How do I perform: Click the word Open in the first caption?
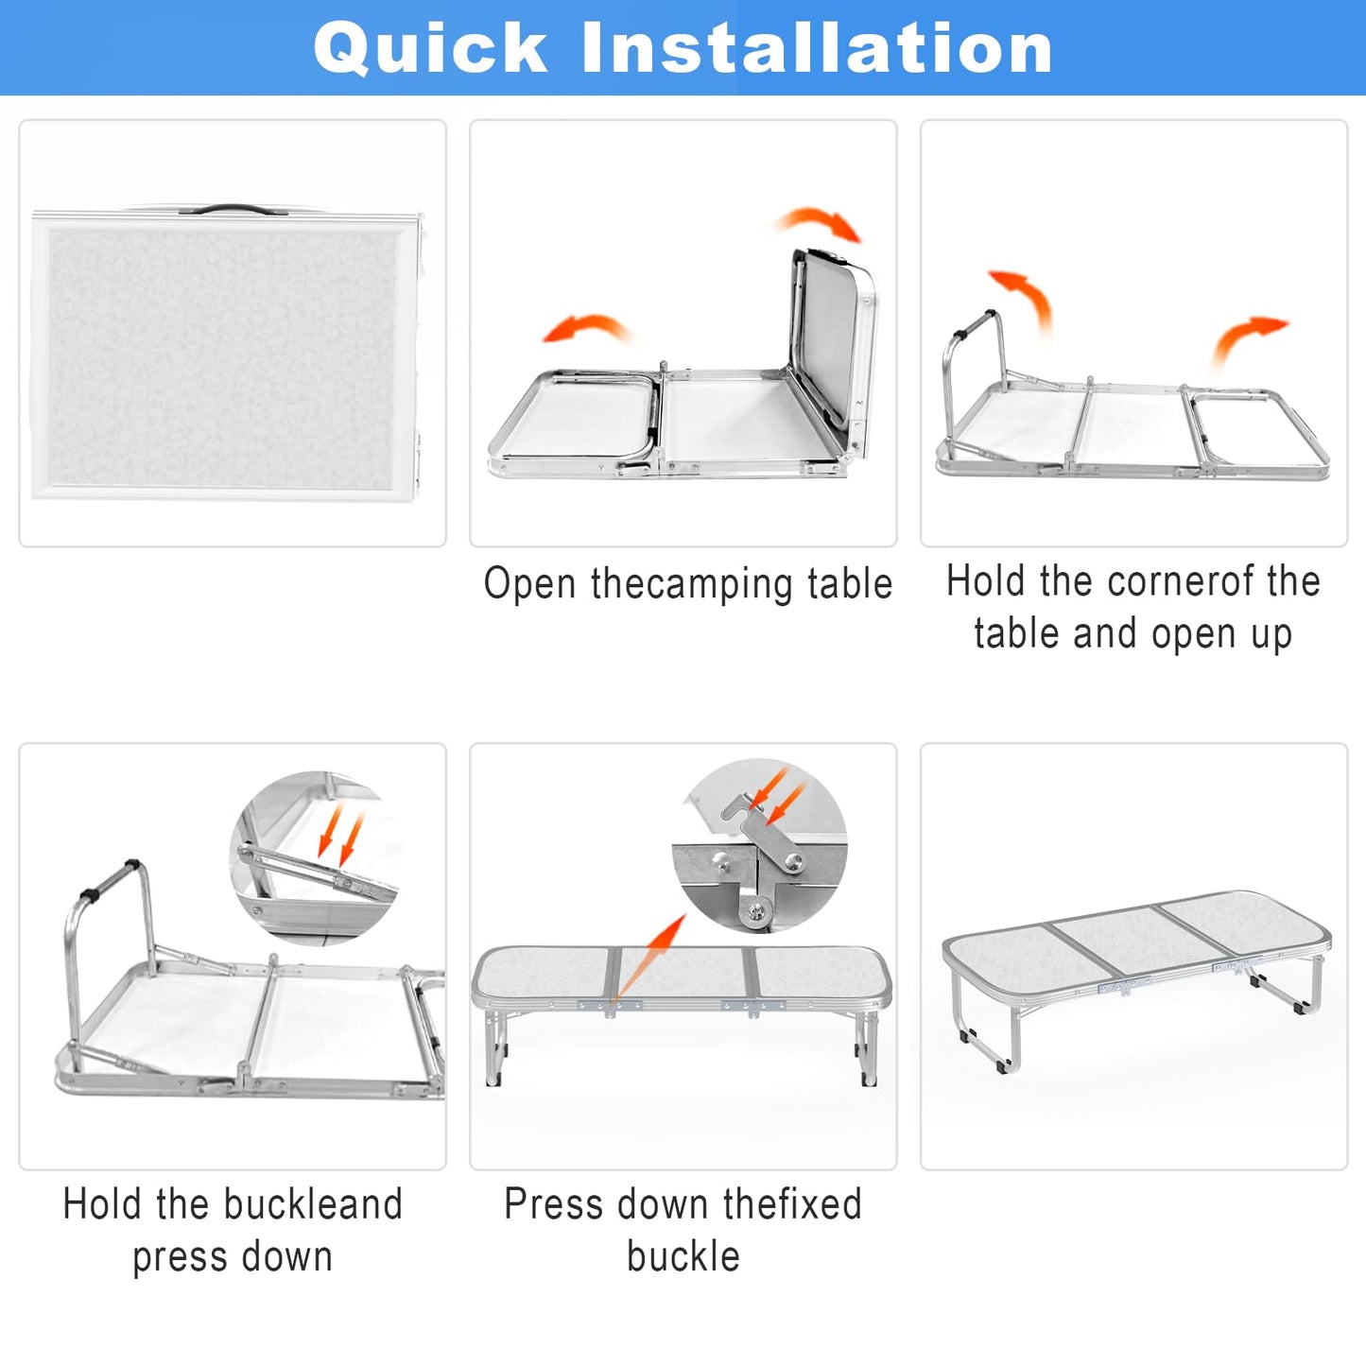pos(529,584)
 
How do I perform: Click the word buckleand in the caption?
pos(313,1203)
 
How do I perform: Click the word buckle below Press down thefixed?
pos(683,1256)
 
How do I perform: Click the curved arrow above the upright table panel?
pos(820,224)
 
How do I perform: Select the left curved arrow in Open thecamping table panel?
pos(586,328)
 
